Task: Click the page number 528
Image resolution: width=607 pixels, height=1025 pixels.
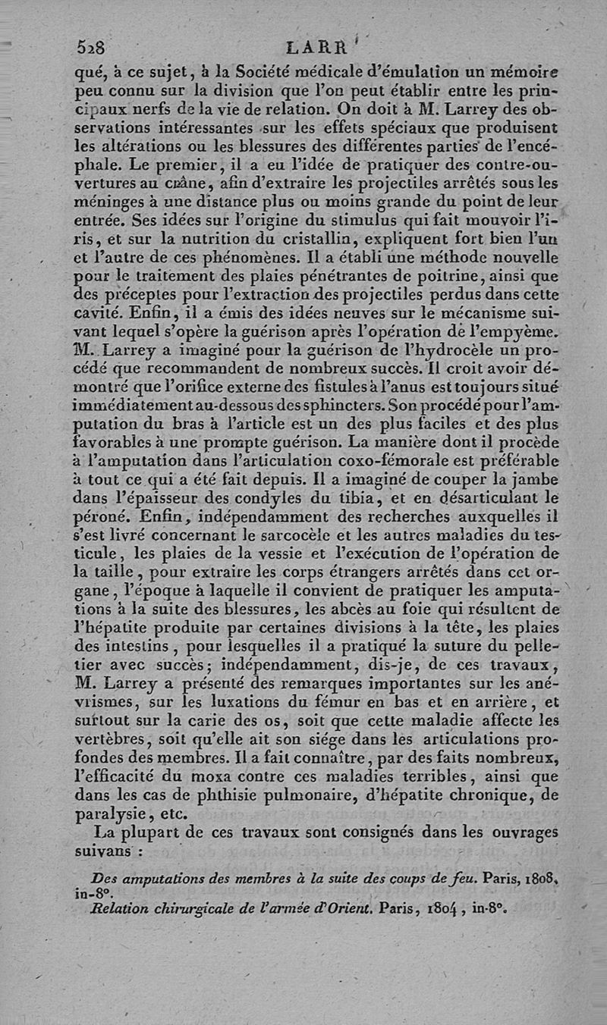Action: pos(90,48)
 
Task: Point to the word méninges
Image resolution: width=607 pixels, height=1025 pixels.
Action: pos(110,202)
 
